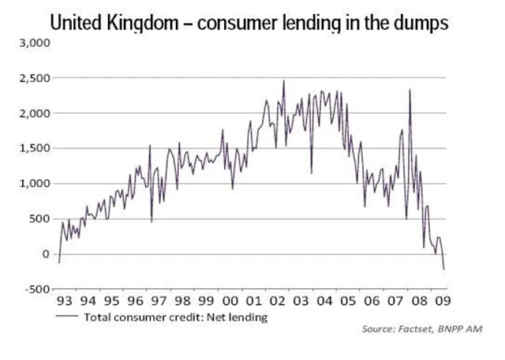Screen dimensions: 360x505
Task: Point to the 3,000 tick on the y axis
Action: [x=35, y=43]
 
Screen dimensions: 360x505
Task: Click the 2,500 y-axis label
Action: [x=35, y=78]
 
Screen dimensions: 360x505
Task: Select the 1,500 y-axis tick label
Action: [x=35, y=148]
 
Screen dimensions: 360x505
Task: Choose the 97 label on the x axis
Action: [x=160, y=301]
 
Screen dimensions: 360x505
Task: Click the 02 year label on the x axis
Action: [x=279, y=301]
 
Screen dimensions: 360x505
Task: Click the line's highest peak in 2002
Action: [x=284, y=81]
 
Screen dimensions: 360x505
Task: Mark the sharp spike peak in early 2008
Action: [x=410, y=90]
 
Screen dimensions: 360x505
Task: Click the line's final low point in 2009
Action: [x=444, y=269]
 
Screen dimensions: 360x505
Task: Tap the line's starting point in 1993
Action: [x=58, y=262]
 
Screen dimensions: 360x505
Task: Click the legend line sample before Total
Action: [x=66, y=317]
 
